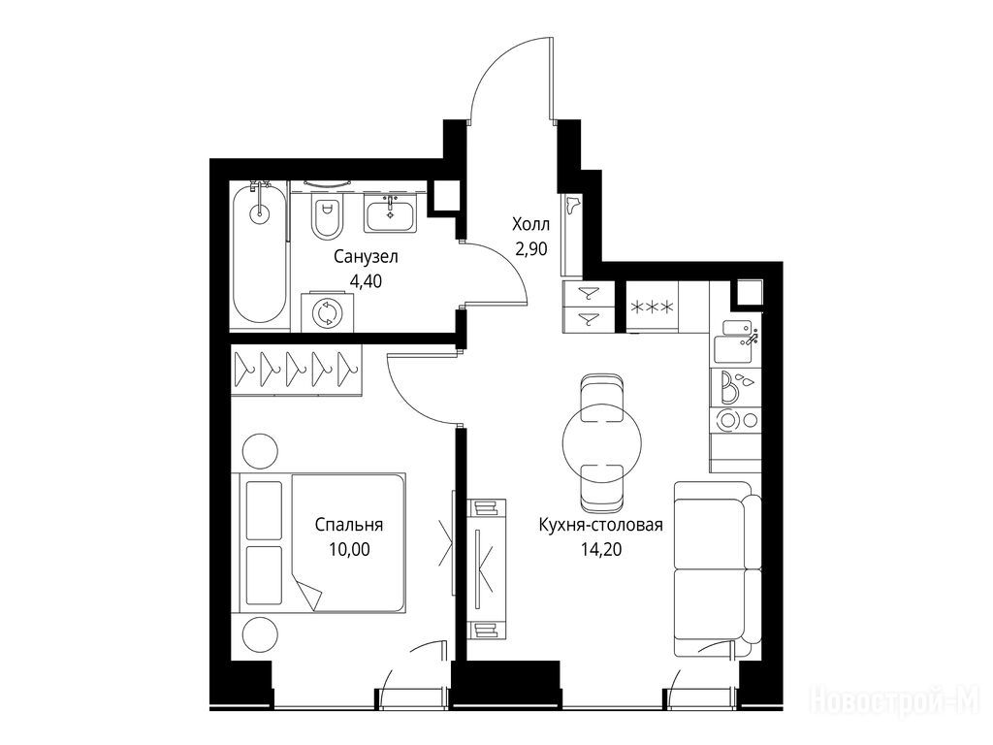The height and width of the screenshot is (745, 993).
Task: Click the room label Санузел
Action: tap(366, 257)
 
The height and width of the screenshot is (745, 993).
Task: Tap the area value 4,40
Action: tap(366, 281)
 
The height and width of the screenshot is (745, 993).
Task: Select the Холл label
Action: tap(530, 224)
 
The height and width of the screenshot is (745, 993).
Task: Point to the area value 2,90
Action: tap(531, 249)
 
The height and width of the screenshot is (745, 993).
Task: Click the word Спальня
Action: tap(349, 525)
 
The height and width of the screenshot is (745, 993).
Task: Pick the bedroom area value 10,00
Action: tap(349, 549)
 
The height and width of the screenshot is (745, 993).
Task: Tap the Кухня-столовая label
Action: tap(601, 525)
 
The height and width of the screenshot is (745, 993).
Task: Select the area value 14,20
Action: tap(601, 549)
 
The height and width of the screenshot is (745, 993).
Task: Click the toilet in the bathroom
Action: tap(328, 215)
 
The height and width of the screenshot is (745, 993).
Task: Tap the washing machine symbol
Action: tap(328, 311)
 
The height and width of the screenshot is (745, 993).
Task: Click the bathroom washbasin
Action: tap(390, 212)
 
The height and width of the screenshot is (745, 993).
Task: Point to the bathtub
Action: tap(258, 253)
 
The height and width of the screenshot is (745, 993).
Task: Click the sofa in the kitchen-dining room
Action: tap(717, 569)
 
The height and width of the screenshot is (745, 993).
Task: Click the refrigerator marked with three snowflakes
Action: tap(652, 307)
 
